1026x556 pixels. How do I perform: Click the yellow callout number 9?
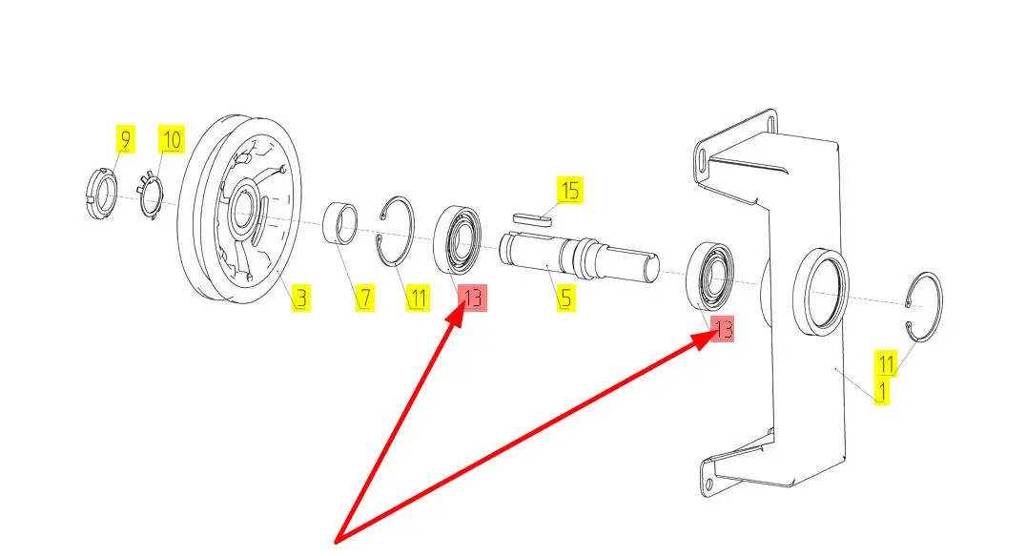click(x=125, y=139)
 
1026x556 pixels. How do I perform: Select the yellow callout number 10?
click(x=172, y=139)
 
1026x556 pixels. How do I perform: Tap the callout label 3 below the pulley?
click(x=300, y=298)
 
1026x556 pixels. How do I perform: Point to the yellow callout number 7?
click(x=365, y=298)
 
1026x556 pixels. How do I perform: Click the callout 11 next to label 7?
click(x=418, y=298)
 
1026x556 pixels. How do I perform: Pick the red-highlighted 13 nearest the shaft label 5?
click(x=472, y=298)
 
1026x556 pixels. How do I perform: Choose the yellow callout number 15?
click(x=570, y=191)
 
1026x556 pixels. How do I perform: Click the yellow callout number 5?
click(x=566, y=298)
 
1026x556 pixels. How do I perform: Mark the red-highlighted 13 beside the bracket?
click(x=722, y=328)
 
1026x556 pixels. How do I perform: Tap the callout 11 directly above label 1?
click(x=886, y=363)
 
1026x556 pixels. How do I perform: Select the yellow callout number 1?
click(x=882, y=392)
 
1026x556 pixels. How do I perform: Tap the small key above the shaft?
click(x=531, y=217)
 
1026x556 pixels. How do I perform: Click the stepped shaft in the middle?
click(x=579, y=257)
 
